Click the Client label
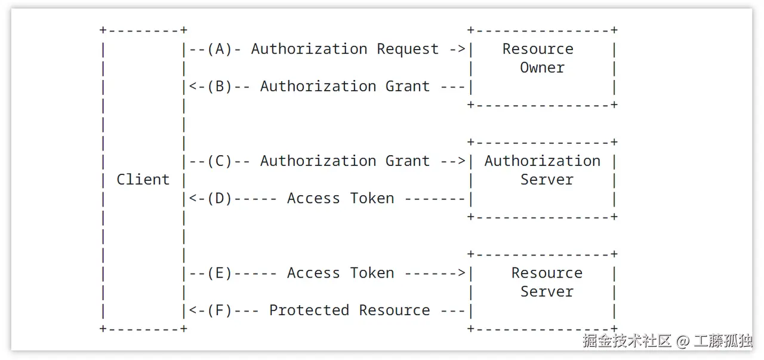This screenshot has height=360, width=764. (x=143, y=180)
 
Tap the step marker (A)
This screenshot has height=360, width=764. (x=220, y=49)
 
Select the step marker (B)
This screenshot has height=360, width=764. (x=220, y=87)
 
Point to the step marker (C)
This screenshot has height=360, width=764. (x=220, y=161)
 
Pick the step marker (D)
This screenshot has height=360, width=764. (x=220, y=199)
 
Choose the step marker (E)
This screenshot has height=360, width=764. (x=220, y=273)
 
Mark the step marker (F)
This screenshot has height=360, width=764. (x=220, y=310)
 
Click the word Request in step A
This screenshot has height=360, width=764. (x=408, y=49)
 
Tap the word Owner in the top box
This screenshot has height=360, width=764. (x=542, y=68)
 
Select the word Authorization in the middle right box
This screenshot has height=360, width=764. (x=542, y=161)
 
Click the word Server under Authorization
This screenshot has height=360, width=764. (x=546, y=180)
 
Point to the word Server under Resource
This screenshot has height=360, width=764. (x=546, y=292)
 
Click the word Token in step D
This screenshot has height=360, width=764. (x=372, y=199)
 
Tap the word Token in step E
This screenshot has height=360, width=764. (x=372, y=273)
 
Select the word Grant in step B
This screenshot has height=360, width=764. (x=408, y=87)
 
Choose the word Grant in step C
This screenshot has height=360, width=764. (x=408, y=161)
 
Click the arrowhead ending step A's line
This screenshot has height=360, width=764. (x=461, y=49)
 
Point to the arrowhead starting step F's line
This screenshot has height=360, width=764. (x=193, y=310)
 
